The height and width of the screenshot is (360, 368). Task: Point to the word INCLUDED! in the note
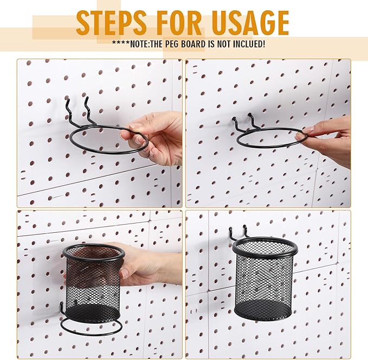247,44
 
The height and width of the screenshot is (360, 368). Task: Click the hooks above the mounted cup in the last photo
237,233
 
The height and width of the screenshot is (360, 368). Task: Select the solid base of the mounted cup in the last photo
264,310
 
